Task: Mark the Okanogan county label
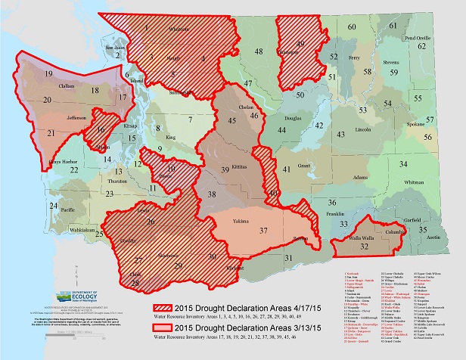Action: point(287,52)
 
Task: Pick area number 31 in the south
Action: point(288,259)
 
